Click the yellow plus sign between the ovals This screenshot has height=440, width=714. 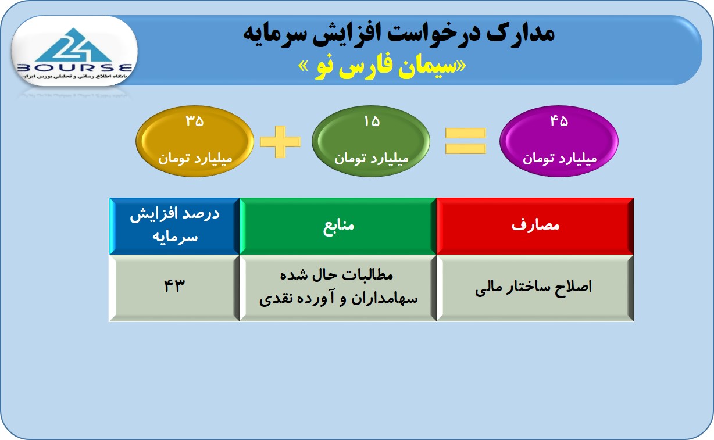tap(280, 141)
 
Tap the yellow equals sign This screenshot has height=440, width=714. tap(466, 141)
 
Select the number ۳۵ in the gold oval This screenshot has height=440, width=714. tap(194, 121)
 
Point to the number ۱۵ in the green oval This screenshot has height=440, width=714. tap(372, 121)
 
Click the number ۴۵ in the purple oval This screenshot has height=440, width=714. tap(559, 121)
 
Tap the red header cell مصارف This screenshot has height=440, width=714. tap(535, 226)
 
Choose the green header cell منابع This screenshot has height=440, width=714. tap(338, 226)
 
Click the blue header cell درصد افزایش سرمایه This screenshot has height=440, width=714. tap(174, 226)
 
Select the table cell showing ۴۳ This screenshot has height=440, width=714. tap(174, 288)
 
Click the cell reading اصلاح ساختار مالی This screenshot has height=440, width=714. tap(535, 288)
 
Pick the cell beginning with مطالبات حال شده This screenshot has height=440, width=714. tap(338, 288)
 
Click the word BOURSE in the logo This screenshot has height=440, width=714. tap(74, 67)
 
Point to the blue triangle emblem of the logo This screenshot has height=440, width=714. tap(74, 45)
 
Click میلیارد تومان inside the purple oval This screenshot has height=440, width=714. tap(559, 158)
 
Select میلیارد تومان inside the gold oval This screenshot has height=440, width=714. tap(195, 158)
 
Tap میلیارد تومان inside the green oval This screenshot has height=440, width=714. tap(372, 158)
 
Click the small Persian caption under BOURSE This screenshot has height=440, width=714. tap(74, 77)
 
